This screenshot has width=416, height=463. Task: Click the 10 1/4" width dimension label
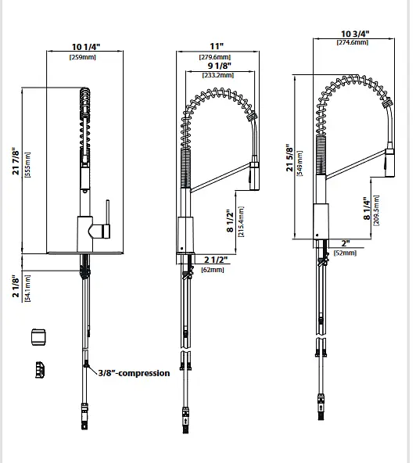(86, 47)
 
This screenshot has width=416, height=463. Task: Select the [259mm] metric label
(83, 57)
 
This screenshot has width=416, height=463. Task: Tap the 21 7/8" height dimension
(16, 161)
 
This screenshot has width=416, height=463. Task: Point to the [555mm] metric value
(27, 164)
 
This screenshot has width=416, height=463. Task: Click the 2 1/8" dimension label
(16, 287)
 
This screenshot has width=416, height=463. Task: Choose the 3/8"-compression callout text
(134, 373)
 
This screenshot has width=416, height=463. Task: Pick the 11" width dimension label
(217, 46)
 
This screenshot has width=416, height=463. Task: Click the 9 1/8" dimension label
(220, 65)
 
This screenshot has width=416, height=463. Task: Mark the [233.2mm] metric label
(218, 75)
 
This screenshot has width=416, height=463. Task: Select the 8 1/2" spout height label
(230, 221)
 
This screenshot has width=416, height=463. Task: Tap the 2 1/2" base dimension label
(216, 260)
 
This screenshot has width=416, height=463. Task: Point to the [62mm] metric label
(213, 270)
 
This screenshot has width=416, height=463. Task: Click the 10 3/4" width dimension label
(355, 34)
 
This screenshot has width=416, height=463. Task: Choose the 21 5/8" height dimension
(289, 158)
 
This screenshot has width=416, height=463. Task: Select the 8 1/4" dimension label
(367, 209)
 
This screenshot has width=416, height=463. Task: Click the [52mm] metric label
(345, 253)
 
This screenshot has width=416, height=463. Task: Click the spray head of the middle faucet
(254, 176)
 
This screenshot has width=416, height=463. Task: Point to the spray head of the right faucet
(390, 163)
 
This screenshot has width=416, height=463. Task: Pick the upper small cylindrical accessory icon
(38, 337)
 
